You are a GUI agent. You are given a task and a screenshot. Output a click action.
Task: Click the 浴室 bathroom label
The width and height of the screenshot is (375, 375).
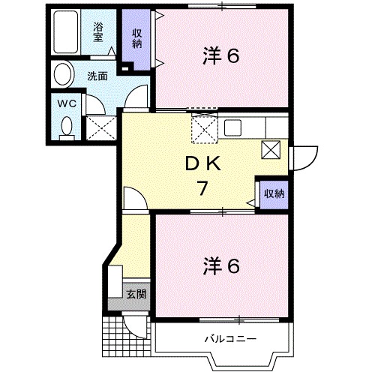pyautogui.click(x=99, y=34)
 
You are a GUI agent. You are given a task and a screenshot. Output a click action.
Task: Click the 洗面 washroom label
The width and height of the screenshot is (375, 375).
pyautogui.click(x=96, y=76)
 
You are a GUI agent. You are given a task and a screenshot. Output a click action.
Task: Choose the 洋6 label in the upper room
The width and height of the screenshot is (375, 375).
pyautogui.click(x=221, y=55)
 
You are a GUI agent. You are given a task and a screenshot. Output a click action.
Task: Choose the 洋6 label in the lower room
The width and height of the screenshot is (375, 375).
pyautogui.click(x=221, y=265)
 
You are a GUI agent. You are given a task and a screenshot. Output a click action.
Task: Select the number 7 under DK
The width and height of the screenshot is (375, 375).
pyautogui.click(x=201, y=188)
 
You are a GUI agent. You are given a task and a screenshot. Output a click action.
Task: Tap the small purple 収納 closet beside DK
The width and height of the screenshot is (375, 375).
pyautogui.click(x=274, y=193)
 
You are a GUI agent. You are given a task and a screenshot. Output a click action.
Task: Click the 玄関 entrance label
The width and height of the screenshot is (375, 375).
pyautogui.click(x=136, y=293)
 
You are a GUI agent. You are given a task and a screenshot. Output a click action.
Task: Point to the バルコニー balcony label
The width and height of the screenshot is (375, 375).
pyautogui.click(x=231, y=340)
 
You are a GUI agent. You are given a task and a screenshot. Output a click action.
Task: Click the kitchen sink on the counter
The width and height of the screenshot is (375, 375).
pyautogui.click(x=231, y=127)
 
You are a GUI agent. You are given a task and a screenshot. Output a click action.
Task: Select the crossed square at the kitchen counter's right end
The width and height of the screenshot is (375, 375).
pyautogui.click(x=270, y=148)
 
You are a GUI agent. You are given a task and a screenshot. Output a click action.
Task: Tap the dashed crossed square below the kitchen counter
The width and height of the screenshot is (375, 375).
pyautogui.click(x=204, y=129)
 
